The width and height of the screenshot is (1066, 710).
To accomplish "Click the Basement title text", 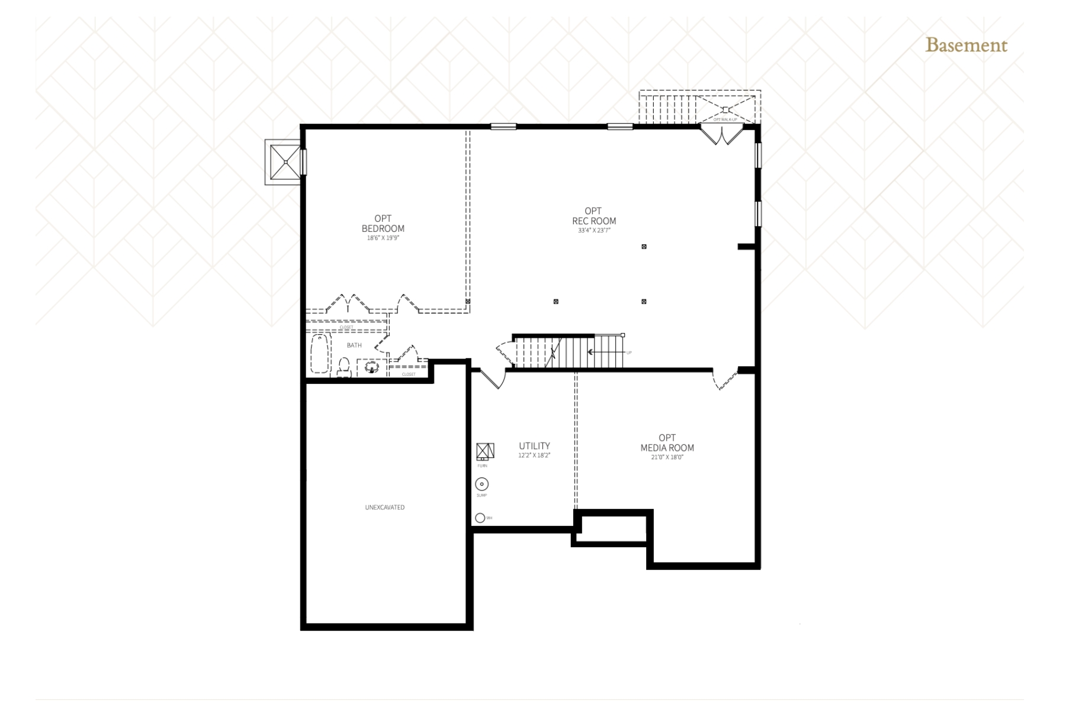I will tap(966, 46).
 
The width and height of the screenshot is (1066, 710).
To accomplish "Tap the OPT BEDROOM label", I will tap(383, 224).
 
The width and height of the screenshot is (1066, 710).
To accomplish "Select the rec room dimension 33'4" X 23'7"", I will tap(594, 230).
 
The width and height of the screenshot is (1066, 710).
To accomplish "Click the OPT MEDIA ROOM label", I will tap(667, 443).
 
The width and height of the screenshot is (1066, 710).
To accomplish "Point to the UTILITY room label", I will tap(534, 446).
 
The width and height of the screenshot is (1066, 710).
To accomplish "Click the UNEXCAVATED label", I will tap(385, 508).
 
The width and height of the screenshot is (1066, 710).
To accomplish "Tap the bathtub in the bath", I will tap(320, 353).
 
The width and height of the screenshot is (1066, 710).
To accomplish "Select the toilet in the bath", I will tap(344, 367).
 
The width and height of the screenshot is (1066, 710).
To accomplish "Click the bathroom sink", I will tap(371, 367).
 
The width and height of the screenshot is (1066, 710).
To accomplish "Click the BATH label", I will tap(354, 346).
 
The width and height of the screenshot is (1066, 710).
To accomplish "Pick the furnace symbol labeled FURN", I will tap(485, 451).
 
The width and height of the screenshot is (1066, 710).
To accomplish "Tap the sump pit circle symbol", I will tap(481, 485).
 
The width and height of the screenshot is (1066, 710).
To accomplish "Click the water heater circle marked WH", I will tap(480, 518).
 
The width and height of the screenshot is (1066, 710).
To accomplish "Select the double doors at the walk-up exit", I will tap(721, 135).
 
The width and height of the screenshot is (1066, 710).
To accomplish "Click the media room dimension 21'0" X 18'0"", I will tap(667, 457).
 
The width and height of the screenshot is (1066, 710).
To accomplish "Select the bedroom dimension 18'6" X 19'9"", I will tap(383, 238).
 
